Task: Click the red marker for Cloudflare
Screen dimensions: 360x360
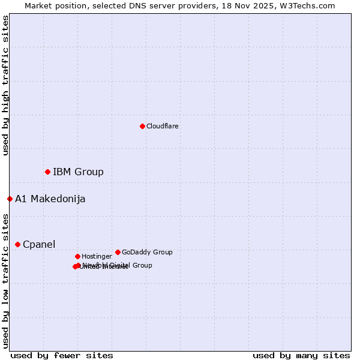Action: [x=142, y=126]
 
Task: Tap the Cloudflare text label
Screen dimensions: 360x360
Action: [x=162, y=127]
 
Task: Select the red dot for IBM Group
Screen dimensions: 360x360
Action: [x=47, y=172]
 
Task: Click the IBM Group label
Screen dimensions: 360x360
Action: [x=78, y=172]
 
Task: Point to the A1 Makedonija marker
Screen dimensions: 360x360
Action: [x=10, y=199]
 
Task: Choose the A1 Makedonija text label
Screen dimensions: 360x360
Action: [x=50, y=199]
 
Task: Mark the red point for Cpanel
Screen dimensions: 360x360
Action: [x=17, y=244]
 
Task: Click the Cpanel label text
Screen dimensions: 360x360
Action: [x=39, y=245]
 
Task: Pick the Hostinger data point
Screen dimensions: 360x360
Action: [x=77, y=256]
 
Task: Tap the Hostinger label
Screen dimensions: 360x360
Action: [x=97, y=257]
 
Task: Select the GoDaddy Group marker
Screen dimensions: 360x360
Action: [x=118, y=252]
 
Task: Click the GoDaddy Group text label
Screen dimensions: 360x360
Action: [x=147, y=253]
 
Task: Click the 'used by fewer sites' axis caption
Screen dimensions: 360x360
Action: [x=62, y=355]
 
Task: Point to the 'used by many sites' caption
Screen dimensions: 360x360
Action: [x=301, y=355]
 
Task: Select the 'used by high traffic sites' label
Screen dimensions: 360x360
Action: [x=5, y=85]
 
